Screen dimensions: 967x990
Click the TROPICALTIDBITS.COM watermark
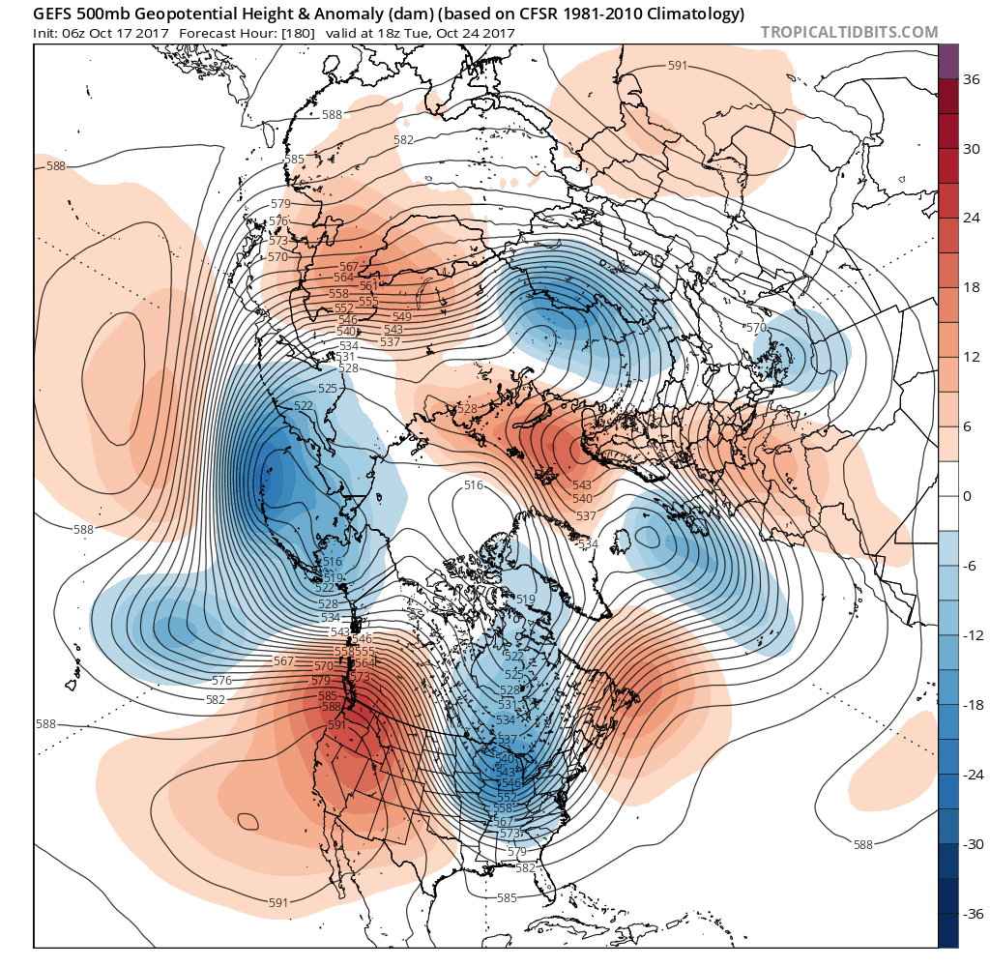coord(849,32)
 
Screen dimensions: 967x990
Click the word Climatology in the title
coord(694,14)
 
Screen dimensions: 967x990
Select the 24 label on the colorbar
coord(974,219)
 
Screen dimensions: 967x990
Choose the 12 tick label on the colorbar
coord(974,358)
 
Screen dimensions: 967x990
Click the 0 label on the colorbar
coord(967,496)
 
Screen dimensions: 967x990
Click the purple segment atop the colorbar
coord(948,60)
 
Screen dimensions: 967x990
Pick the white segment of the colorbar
coord(948,496)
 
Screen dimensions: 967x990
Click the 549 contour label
coord(403,316)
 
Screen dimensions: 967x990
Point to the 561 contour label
coord(368,285)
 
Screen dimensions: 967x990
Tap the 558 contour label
coord(338,294)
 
